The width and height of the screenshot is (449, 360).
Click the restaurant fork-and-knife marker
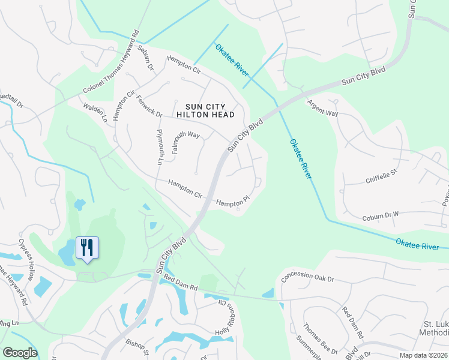(88, 248)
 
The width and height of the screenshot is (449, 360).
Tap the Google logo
(20, 353)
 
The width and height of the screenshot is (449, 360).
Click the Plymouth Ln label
(160, 147)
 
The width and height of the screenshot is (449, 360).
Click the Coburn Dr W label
(380, 216)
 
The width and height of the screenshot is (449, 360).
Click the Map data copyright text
(423, 355)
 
